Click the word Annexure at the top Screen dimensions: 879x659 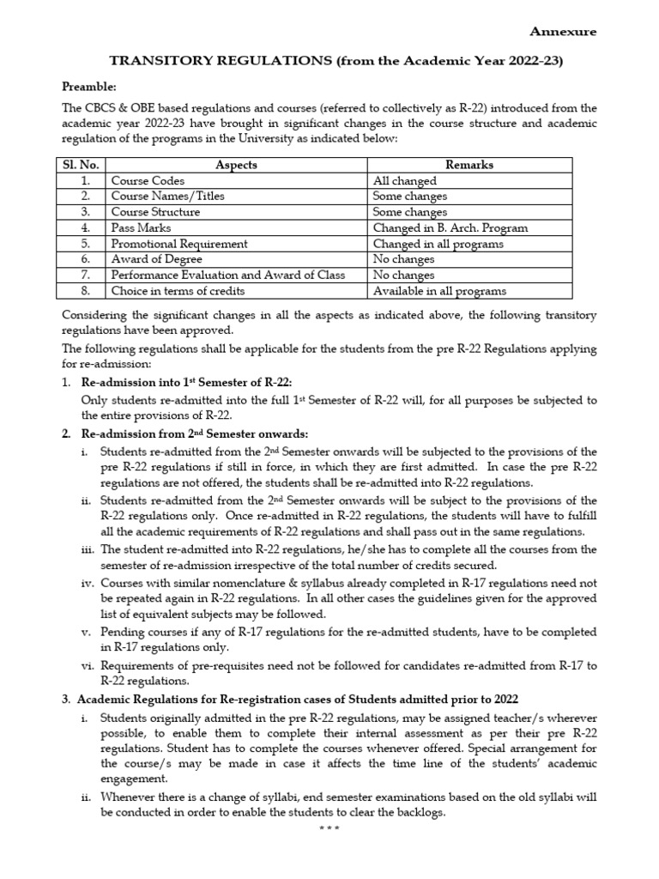(x=562, y=32)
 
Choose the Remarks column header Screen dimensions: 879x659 (x=470, y=165)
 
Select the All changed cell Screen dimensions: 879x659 (x=405, y=181)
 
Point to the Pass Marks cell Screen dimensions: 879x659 (x=141, y=228)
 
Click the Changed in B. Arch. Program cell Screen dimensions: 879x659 (x=450, y=228)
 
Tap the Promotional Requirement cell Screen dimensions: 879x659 (x=179, y=244)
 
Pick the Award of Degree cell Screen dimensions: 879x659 (x=157, y=259)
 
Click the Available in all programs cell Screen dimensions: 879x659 (x=439, y=291)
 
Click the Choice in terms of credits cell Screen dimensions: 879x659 (x=178, y=291)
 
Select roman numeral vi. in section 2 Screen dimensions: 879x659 (x=88, y=665)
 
